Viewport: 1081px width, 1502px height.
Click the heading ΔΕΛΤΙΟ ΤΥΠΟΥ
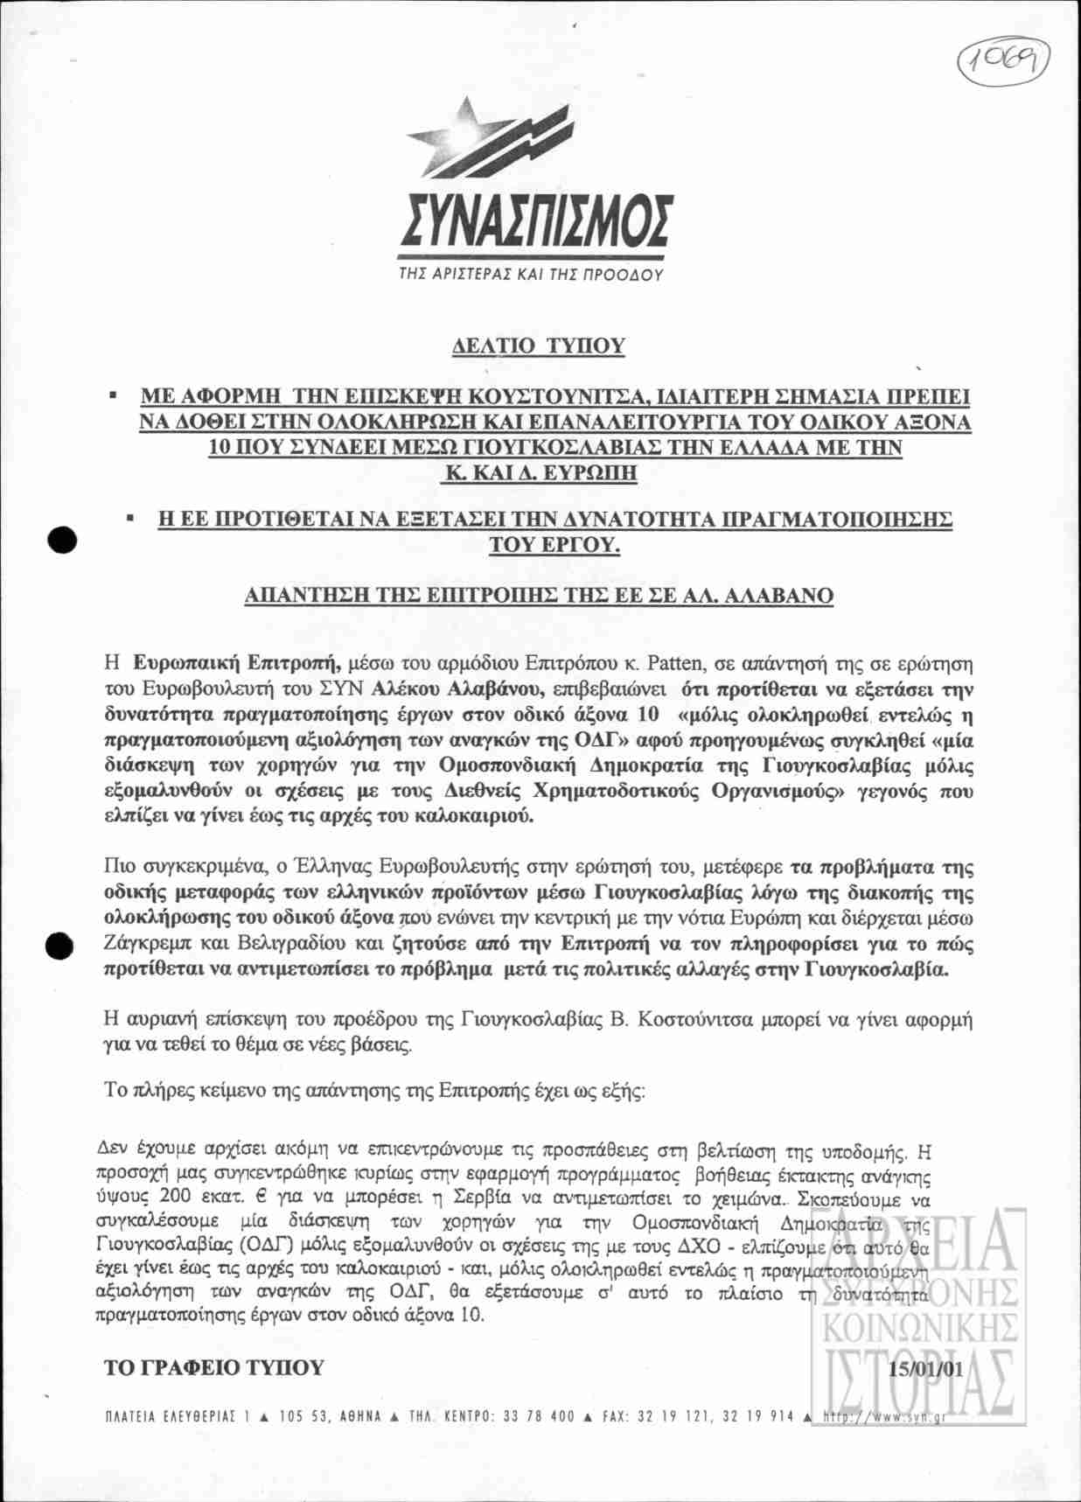tap(539, 346)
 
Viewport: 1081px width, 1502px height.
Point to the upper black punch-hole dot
tap(62, 541)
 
